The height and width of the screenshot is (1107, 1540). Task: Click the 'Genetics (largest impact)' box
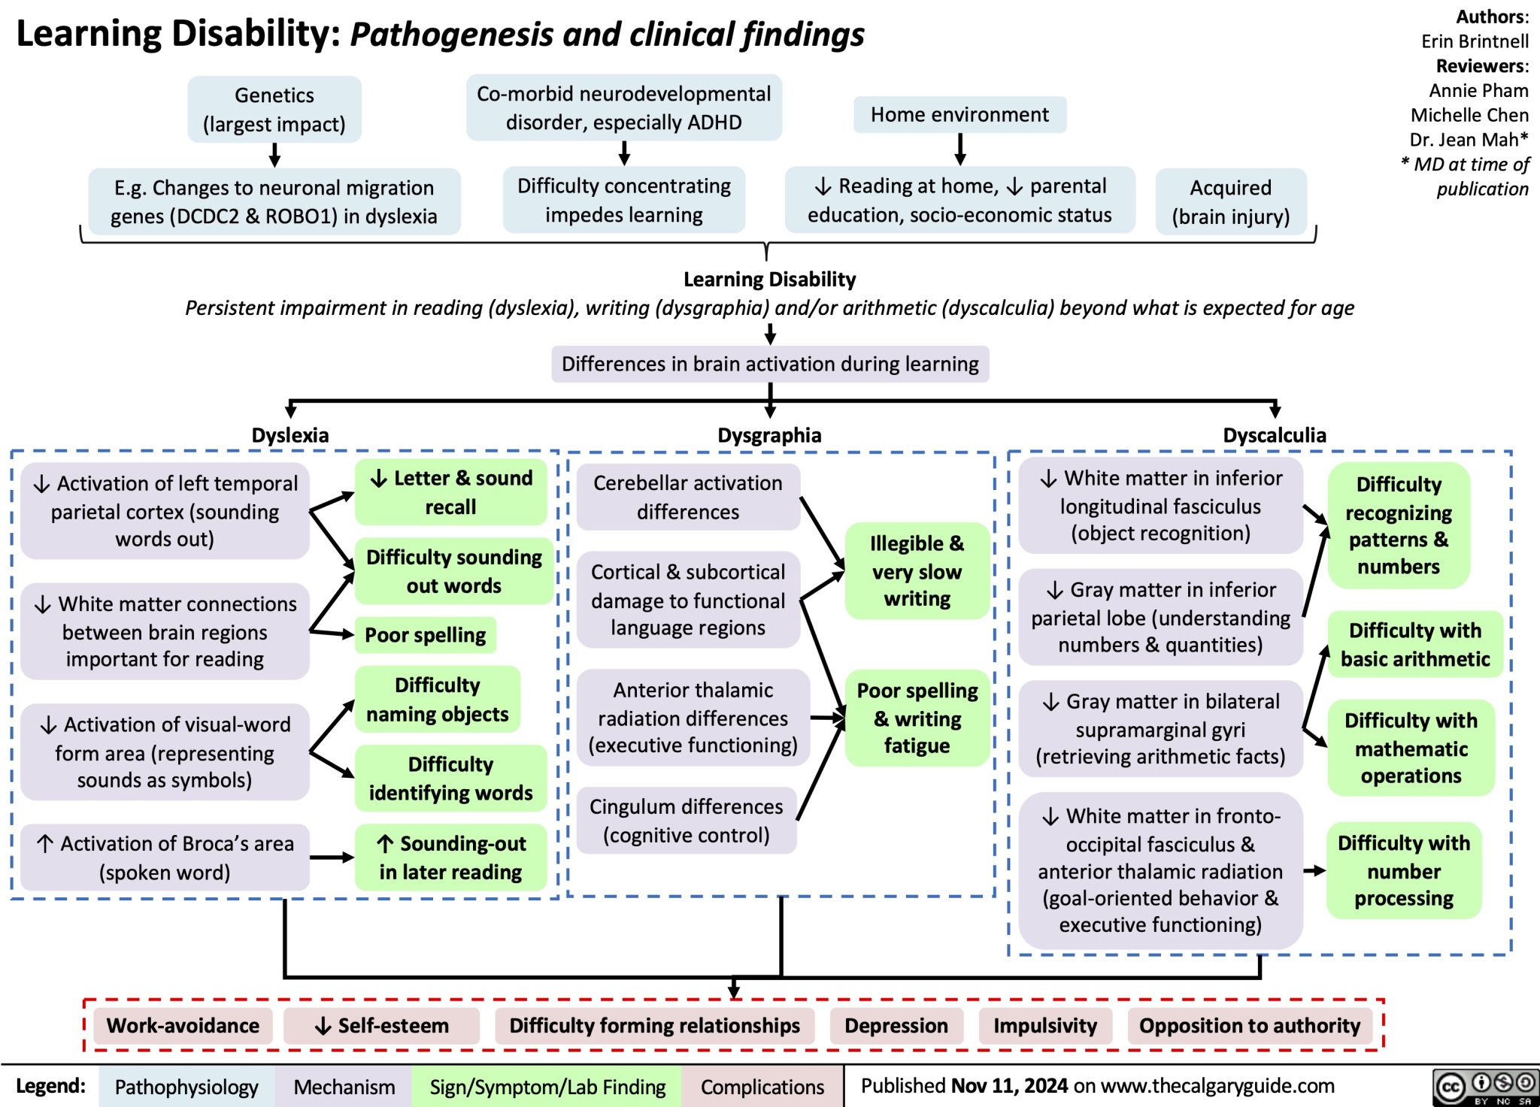pyautogui.click(x=274, y=109)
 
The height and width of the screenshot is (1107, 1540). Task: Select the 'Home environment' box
pyautogui.click(x=959, y=114)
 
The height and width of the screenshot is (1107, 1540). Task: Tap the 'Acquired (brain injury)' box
pyautogui.click(x=1230, y=201)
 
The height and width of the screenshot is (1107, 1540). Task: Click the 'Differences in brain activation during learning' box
pyautogui.click(x=769, y=364)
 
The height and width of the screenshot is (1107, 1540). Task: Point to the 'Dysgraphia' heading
pyautogui.click(x=768, y=434)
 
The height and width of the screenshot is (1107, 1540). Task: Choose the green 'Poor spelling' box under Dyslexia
pyautogui.click(x=425, y=635)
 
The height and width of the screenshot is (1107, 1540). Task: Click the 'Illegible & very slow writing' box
pyautogui.click(x=916, y=570)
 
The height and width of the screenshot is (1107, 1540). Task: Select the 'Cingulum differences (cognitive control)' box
pyautogui.click(x=686, y=820)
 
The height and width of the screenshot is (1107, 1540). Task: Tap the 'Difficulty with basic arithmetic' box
pyautogui.click(x=1414, y=644)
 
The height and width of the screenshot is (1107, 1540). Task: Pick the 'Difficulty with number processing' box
pyautogui.click(x=1403, y=870)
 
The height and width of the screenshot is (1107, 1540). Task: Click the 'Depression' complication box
pyautogui.click(x=896, y=1025)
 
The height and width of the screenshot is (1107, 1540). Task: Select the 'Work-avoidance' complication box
pyautogui.click(x=183, y=1025)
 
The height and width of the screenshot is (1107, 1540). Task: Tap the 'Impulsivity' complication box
pyautogui.click(x=1044, y=1025)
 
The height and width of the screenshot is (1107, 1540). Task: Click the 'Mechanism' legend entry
pyautogui.click(x=344, y=1087)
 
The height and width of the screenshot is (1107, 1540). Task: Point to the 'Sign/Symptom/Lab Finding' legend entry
pyautogui.click(x=547, y=1087)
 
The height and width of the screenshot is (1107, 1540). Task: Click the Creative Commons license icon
pyautogui.click(x=1484, y=1086)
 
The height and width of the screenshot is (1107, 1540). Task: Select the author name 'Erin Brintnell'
pyautogui.click(x=1474, y=41)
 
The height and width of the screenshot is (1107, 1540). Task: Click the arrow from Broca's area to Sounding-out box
pyautogui.click(x=331, y=857)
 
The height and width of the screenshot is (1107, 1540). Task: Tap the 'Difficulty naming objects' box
pyautogui.click(x=437, y=699)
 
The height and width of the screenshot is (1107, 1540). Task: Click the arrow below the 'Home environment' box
pyautogui.click(x=959, y=149)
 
